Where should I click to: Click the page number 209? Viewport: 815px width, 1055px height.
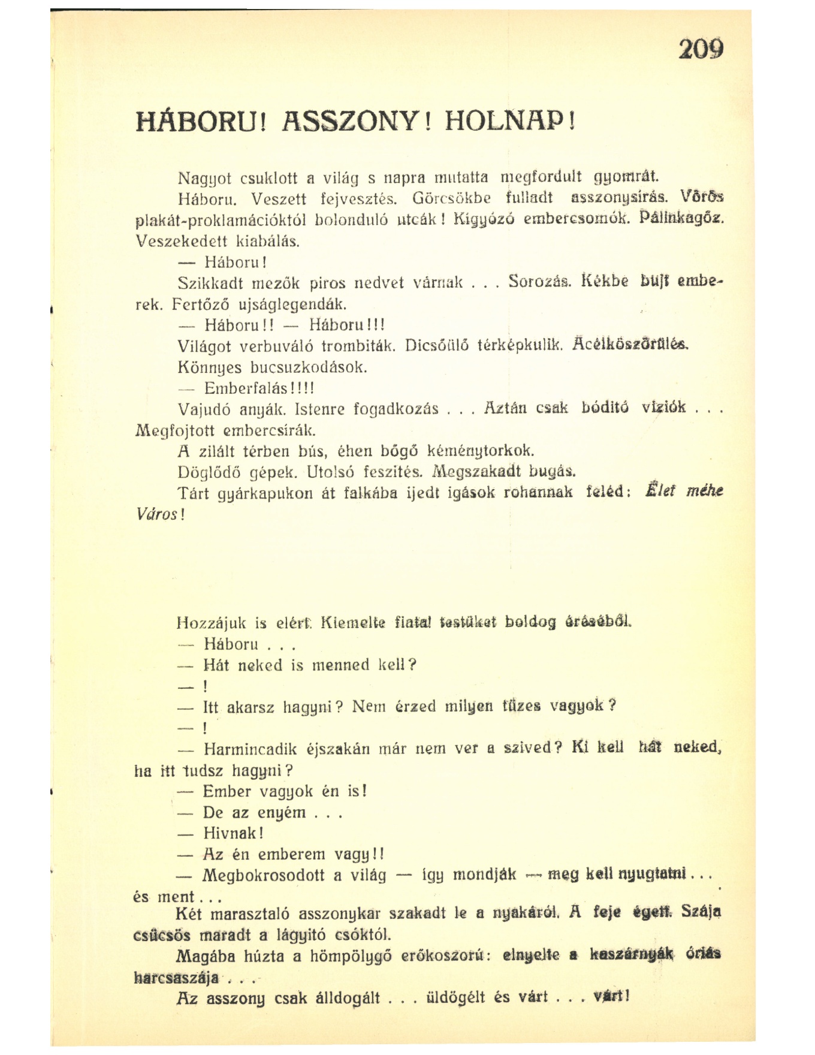(701, 49)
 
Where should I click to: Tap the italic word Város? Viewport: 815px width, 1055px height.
(157, 515)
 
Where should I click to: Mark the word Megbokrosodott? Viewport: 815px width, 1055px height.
(264, 875)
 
